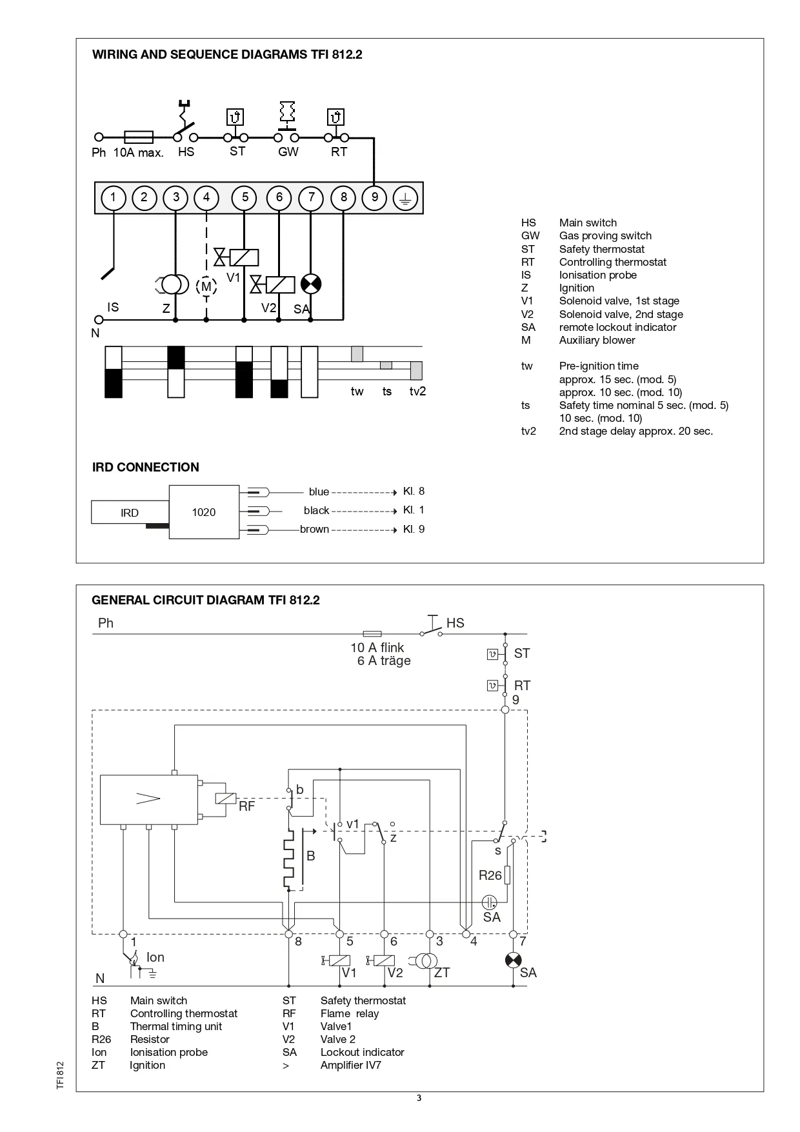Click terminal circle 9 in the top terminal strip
coord(374,197)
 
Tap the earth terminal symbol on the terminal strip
coord(406,197)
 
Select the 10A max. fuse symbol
coord(138,137)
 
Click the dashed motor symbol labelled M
coord(206,286)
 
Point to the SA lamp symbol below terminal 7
coord(311,284)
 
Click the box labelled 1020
coord(204,512)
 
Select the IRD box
coord(130,513)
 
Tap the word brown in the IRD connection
coord(314,530)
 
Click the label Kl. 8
coord(414,492)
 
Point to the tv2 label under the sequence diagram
coord(417,392)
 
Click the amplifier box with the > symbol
coord(148,799)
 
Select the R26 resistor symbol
coord(508,875)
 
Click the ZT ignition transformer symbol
coord(426,960)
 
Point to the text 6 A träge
coord(384,661)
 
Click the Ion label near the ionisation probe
coord(155,958)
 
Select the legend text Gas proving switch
coord(605,236)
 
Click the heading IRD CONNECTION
coord(146,468)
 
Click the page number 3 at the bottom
coord(419,1098)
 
